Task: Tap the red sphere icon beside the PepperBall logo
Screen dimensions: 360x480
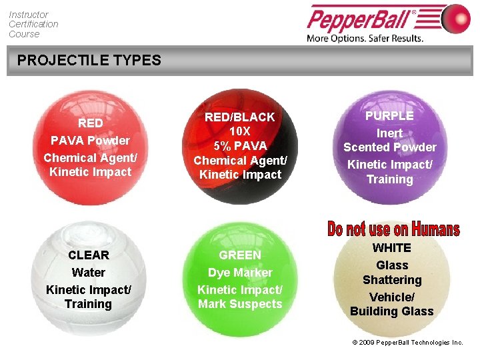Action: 455,19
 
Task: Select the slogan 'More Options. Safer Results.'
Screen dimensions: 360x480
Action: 365,38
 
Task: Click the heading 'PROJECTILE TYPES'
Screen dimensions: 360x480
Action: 89,61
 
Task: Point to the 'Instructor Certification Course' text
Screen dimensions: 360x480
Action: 33,24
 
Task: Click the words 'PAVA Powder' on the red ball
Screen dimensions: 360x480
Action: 91,141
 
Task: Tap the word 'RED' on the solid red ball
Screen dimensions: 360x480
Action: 91,123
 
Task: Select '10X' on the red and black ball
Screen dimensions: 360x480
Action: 240,131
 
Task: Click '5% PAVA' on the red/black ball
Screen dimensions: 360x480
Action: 240,146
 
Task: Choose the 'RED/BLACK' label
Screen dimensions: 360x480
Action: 240,117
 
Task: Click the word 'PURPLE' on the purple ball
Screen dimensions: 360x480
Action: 390,116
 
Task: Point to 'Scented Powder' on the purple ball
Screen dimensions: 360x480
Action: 390,147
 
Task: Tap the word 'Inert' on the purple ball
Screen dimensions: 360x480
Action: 390,133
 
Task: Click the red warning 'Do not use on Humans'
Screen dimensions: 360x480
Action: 393,230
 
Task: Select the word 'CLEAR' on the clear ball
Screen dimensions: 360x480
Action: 89,255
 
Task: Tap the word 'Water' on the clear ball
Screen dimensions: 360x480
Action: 89,273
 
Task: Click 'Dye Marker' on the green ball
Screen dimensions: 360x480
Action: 240,273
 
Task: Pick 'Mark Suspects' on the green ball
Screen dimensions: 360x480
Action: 240,305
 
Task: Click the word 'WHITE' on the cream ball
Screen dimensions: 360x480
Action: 392,248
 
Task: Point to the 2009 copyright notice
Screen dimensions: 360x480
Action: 407,343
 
